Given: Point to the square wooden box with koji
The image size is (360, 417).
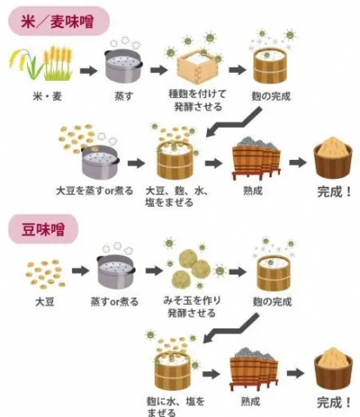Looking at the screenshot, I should [x=196, y=62].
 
